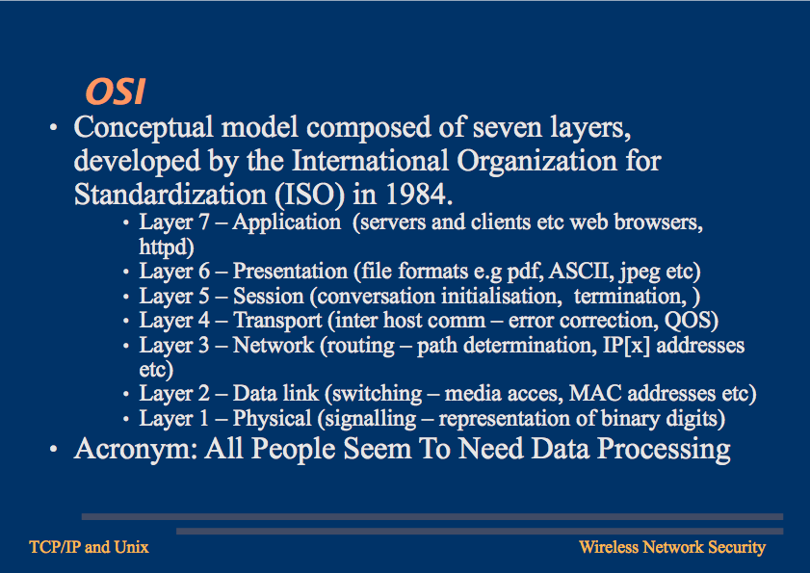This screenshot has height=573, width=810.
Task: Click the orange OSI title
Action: (116, 91)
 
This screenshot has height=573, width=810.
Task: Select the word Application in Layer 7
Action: (287, 222)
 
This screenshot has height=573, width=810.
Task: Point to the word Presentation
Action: (290, 272)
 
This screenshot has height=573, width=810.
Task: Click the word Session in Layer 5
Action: (268, 296)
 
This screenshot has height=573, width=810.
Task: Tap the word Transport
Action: (277, 321)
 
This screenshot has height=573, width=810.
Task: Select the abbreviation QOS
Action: (688, 321)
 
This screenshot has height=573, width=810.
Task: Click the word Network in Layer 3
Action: (274, 345)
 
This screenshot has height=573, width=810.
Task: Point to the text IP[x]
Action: (626, 346)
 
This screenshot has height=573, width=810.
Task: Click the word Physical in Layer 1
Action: (273, 419)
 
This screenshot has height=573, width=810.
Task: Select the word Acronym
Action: (136, 449)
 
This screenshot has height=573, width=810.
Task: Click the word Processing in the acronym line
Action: (664, 449)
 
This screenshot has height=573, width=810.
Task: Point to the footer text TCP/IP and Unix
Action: (89, 547)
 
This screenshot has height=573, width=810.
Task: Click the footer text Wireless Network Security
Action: (672, 547)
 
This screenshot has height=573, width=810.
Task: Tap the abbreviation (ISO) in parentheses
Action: (309, 195)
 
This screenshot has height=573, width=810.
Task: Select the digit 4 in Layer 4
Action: (204, 321)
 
